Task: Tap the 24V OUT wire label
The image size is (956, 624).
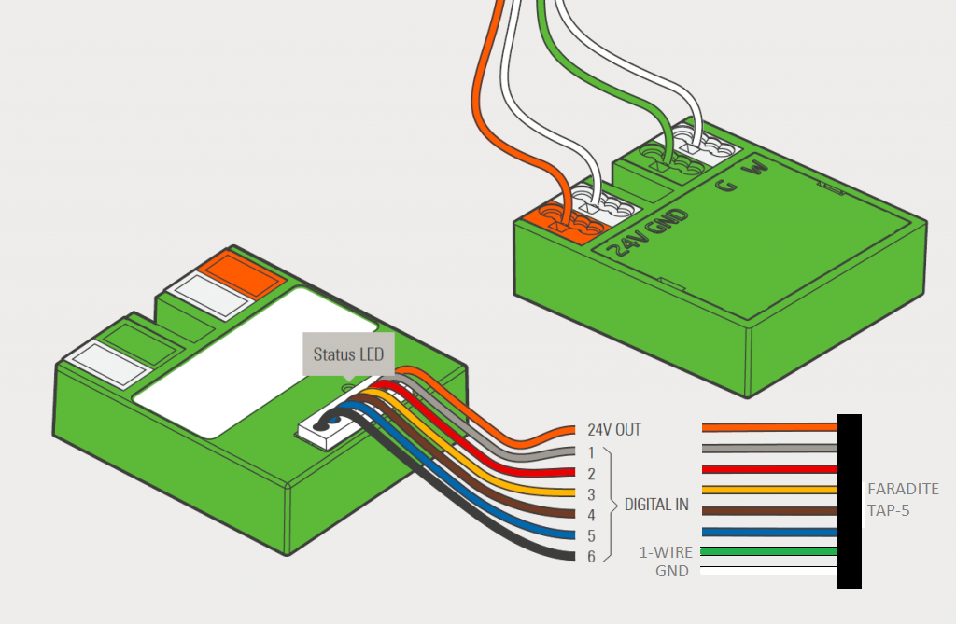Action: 614,431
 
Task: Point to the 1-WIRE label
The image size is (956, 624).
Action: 666,552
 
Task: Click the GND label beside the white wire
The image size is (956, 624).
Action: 672,571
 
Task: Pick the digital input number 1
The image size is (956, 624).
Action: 592,452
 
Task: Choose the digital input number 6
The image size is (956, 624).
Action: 592,556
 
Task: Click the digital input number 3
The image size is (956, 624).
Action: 592,494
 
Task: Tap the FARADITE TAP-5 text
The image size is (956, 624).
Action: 903,499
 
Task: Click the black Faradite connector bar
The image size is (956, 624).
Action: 850,504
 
